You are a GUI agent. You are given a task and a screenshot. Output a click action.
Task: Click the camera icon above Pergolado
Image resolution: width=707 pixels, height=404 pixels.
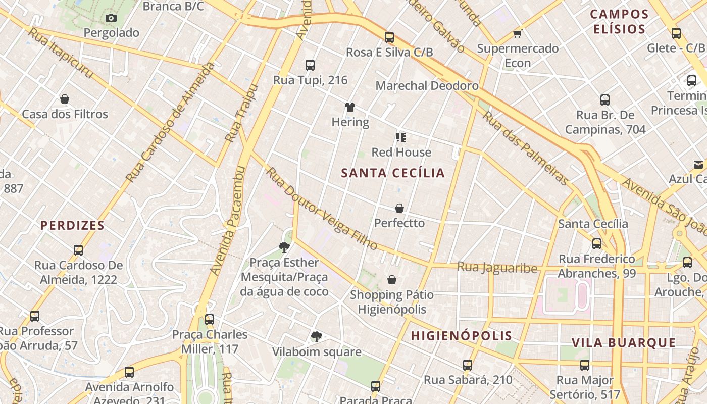tap(111, 18)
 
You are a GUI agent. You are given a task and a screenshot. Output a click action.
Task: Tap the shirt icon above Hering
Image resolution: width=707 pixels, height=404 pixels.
tap(350, 107)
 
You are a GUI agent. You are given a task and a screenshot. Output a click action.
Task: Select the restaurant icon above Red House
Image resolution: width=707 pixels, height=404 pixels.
tap(401, 137)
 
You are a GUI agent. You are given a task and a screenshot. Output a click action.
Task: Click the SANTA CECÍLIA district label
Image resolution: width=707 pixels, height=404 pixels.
tap(393, 173)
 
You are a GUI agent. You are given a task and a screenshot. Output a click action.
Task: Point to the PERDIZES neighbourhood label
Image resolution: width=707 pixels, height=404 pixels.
tap(72, 226)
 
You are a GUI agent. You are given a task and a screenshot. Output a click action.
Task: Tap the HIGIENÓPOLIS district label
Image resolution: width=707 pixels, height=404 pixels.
tap(461, 336)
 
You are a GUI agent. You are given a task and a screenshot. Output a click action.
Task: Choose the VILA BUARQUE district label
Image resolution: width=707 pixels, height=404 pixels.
tap(624, 343)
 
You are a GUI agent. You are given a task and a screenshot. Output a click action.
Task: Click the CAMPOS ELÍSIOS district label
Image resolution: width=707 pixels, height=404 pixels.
tap(619, 22)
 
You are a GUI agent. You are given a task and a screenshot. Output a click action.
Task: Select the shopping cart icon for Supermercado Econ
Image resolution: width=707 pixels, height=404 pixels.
tap(517, 34)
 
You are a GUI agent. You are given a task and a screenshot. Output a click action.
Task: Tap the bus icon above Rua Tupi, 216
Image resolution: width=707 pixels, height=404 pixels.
tap(310, 65)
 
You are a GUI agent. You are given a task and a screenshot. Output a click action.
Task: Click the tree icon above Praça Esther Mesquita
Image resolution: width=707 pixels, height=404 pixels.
tap(284, 247)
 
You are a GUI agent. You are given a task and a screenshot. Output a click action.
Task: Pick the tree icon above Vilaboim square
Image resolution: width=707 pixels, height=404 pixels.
tap(317, 337)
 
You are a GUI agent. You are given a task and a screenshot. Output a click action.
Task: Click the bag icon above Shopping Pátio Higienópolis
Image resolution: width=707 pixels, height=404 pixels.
tap(392, 280)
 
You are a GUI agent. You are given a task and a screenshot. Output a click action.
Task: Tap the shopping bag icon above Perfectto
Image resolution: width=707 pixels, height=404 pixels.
tap(399, 208)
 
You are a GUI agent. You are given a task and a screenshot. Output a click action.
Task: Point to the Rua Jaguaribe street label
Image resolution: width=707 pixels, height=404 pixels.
tap(497, 267)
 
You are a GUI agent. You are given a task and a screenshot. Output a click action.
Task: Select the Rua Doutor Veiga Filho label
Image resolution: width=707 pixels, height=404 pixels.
tap(322, 209)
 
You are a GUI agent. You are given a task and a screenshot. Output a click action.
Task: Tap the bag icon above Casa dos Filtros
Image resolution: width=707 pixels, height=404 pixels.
tap(65, 99)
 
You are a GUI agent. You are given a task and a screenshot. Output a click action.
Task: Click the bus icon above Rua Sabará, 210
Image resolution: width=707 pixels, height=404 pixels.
tap(468, 365)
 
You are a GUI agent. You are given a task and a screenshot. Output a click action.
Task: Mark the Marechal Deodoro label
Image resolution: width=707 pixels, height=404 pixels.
tap(427, 86)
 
